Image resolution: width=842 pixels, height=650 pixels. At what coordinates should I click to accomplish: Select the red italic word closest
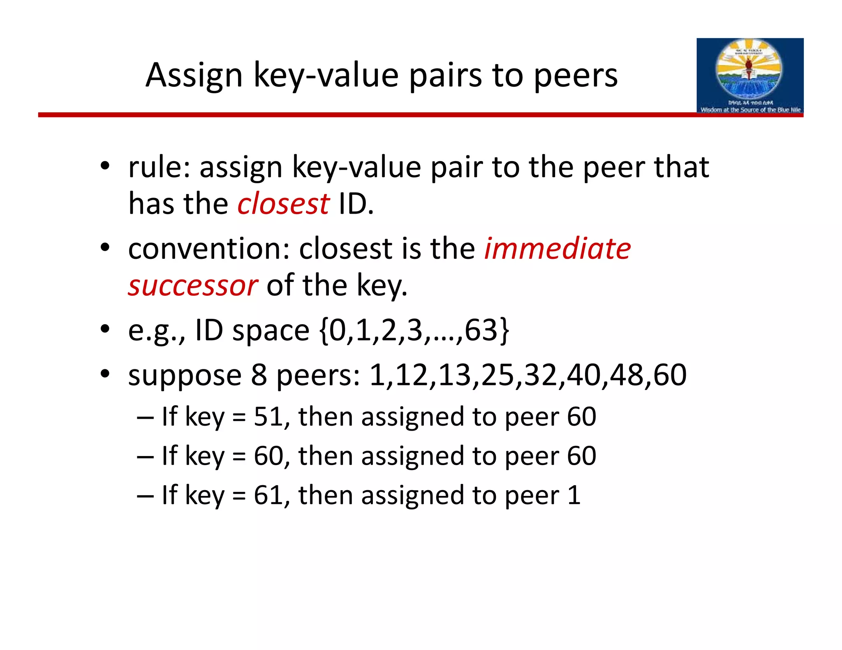tap(283, 204)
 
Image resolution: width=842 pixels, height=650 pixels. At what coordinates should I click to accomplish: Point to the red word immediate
tap(557, 249)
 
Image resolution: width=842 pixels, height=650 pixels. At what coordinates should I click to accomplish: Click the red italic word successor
tap(193, 286)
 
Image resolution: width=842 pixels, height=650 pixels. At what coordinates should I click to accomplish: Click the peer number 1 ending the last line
tap(574, 495)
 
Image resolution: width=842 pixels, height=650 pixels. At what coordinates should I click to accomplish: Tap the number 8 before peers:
tap(259, 375)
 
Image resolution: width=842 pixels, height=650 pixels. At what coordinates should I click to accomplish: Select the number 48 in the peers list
tap(627, 375)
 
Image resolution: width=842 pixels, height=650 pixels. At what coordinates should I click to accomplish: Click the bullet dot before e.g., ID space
tap(105, 329)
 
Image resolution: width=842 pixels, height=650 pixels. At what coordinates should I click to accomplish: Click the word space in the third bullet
tap(271, 331)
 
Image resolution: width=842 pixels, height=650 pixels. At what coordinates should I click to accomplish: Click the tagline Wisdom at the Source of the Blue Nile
tap(750, 110)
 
